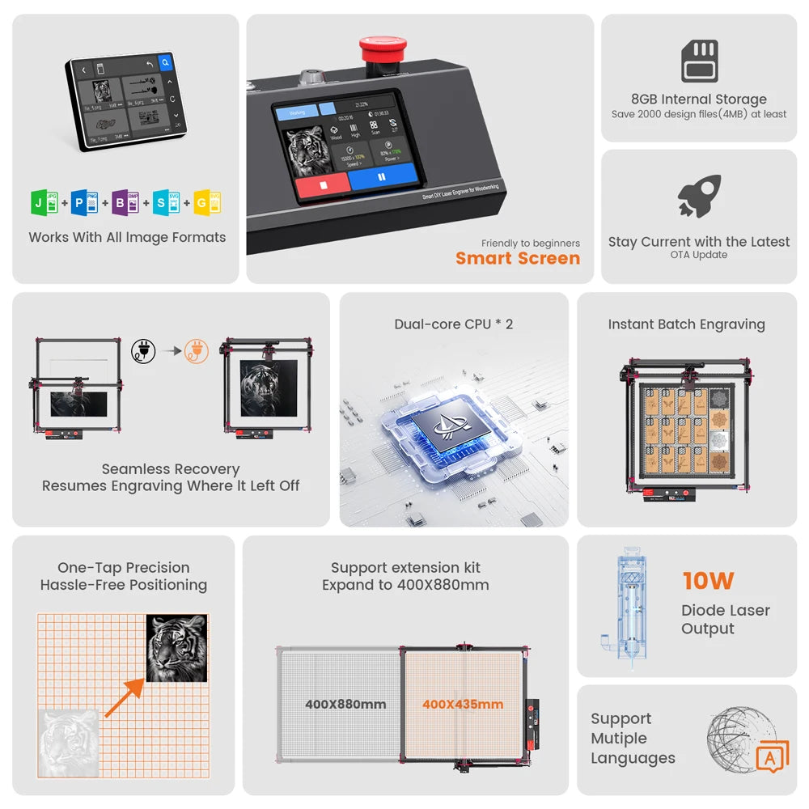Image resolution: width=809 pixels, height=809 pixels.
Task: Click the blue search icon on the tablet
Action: pos(165,61)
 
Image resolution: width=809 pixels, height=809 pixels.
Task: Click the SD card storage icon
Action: pos(699,61)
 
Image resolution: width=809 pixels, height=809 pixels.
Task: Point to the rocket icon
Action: pos(699,196)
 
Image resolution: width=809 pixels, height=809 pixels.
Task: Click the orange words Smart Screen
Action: pos(518,259)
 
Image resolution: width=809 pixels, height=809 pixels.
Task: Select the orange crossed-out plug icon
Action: pos(196,351)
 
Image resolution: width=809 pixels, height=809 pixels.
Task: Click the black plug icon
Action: pos(142,351)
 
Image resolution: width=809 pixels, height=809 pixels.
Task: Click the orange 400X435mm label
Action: pos(463,705)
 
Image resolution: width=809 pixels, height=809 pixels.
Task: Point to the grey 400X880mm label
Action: pos(345,705)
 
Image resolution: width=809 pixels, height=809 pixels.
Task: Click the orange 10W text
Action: pos(708,581)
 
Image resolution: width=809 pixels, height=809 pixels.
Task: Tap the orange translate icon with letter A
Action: pos(772,757)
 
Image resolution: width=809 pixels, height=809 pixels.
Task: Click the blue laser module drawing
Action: pos(626,607)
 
